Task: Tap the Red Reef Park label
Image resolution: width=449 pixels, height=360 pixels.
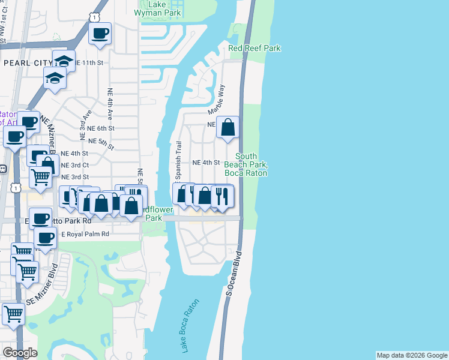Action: coord(255,48)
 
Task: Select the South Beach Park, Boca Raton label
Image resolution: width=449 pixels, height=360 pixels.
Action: coord(246,165)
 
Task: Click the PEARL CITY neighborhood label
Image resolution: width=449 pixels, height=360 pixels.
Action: coord(28,62)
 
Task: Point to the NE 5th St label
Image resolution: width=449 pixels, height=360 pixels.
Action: coord(100,141)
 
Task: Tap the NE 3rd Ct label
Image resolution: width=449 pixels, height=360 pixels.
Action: coord(74,165)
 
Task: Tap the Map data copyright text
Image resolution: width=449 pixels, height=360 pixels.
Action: coord(412,355)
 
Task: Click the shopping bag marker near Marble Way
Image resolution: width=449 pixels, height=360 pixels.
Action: coord(228,127)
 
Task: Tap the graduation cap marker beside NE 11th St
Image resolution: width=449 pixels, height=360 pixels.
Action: coord(64,61)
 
